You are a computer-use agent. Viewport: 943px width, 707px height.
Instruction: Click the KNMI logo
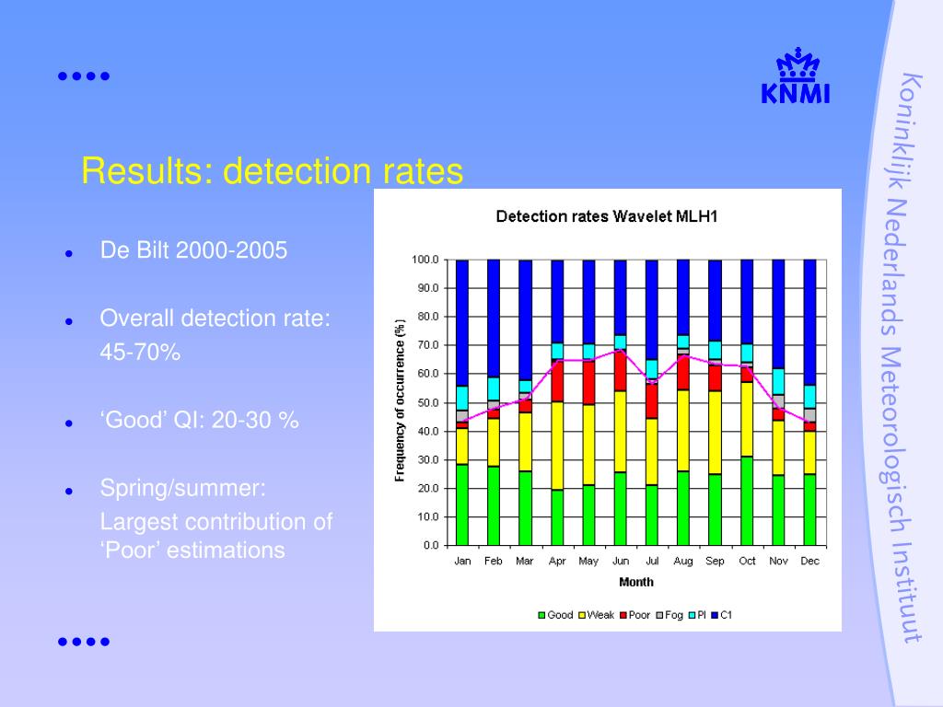795,75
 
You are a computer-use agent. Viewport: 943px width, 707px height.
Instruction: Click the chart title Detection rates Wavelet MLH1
607,216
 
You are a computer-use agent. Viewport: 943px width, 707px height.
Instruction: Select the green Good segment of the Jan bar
462,505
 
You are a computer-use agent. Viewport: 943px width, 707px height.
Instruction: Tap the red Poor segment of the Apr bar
557,380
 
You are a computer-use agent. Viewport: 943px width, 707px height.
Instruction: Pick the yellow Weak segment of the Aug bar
683,431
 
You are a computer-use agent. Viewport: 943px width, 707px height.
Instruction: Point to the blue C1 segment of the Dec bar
809,322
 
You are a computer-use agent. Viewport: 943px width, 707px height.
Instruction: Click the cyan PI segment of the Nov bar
778,381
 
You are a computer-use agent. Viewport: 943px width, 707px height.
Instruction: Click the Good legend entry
555,615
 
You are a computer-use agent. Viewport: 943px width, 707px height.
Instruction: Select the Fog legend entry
669,615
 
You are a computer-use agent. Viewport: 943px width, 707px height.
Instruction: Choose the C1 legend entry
722,615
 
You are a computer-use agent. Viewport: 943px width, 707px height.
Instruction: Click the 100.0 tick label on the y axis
425,260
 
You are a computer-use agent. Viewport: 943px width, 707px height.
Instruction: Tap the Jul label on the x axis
652,561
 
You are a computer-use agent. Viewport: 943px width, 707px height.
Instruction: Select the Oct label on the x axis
747,561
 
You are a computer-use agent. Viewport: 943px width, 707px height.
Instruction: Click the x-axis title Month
635,582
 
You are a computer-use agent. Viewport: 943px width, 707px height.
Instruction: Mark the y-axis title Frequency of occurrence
400,400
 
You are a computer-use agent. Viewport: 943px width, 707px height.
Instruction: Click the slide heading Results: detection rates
273,170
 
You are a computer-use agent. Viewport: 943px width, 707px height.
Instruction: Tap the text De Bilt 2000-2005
193,250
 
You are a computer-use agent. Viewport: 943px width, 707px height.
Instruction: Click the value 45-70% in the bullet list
140,353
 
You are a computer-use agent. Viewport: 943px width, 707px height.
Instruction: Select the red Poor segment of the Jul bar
652,400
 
